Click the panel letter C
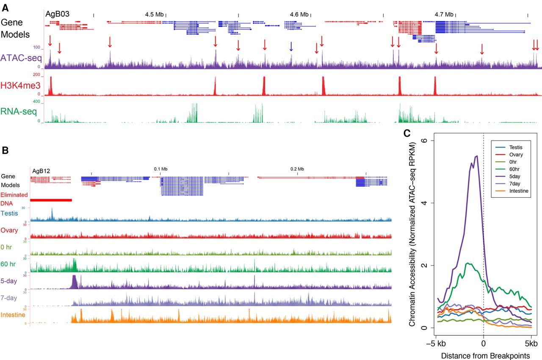click(406, 133)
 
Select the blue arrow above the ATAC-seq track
click(291, 47)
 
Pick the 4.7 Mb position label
click(444, 14)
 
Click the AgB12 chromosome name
click(41, 171)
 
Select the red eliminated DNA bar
click(51, 200)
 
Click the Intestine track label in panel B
click(13, 315)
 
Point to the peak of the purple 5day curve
click(477, 156)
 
